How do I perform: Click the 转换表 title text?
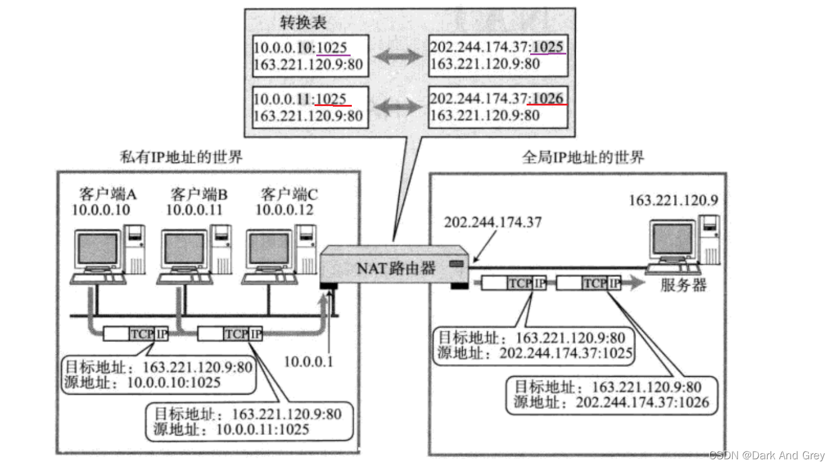click(303, 23)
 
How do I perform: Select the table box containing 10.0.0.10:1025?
click(309, 56)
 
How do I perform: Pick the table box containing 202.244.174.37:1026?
click(498, 107)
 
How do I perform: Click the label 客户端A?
click(108, 194)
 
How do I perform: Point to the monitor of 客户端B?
click(184, 249)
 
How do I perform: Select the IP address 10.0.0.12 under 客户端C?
click(285, 210)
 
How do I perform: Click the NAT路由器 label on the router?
click(396, 268)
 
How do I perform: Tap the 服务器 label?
click(684, 286)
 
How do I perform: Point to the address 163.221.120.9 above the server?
click(673, 200)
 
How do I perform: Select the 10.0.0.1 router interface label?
click(309, 361)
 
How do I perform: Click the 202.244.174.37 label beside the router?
click(492, 222)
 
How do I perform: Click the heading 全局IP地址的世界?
click(583, 157)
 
